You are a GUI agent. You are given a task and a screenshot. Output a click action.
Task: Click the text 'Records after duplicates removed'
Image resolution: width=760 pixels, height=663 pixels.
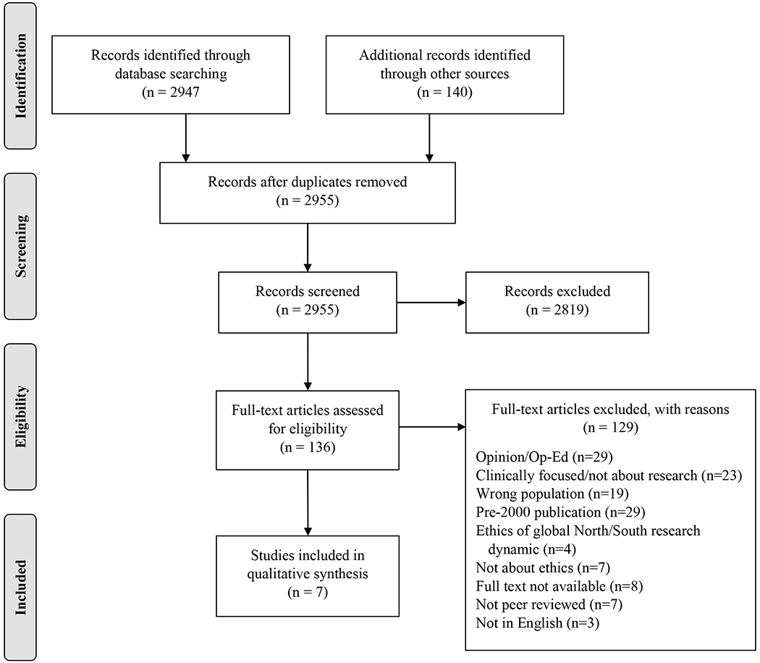coord(308,182)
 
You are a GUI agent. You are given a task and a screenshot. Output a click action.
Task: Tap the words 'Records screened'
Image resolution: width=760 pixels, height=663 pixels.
coord(308,292)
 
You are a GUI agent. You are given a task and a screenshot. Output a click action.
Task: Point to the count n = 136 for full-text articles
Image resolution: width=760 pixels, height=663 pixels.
coord(308,447)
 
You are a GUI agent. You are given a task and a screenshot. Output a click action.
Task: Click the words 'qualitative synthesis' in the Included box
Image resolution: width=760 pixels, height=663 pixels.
coord(308,576)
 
